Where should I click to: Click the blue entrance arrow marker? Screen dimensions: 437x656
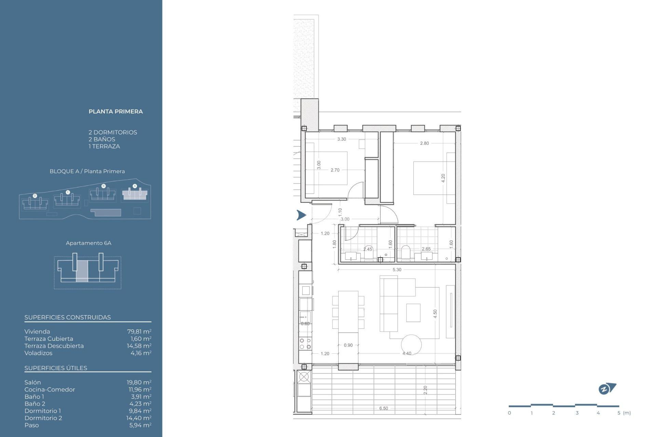tap(301, 215)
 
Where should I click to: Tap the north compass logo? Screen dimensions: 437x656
tap(607, 389)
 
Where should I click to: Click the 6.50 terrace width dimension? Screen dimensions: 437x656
tap(383, 408)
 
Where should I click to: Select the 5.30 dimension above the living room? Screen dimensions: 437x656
tap(397, 270)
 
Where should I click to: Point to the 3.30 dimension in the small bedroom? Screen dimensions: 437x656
tap(341, 139)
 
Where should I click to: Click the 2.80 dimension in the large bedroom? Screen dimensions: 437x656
tap(424, 143)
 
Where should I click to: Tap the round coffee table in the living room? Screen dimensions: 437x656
tap(411, 344)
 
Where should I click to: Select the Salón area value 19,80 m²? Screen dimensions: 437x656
tap(139, 382)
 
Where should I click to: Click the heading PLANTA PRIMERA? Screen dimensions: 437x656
tap(115, 112)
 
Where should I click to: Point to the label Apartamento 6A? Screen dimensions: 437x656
tap(88, 243)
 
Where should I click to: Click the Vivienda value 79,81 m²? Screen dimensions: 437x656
tap(139, 332)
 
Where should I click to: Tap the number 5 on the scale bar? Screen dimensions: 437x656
tap(619, 413)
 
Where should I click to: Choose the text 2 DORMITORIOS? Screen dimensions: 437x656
tap(113, 132)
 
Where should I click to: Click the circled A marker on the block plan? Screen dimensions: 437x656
tap(135, 186)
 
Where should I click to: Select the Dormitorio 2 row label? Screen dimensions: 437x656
tap(43, 418)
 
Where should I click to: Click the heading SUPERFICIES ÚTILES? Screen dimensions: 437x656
tap(56, 368)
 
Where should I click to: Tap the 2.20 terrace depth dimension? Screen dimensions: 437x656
tap(425, 390)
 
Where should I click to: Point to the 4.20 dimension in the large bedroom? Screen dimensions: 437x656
tap(443, 178)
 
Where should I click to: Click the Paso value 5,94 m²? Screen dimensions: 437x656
tap(140, 425)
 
